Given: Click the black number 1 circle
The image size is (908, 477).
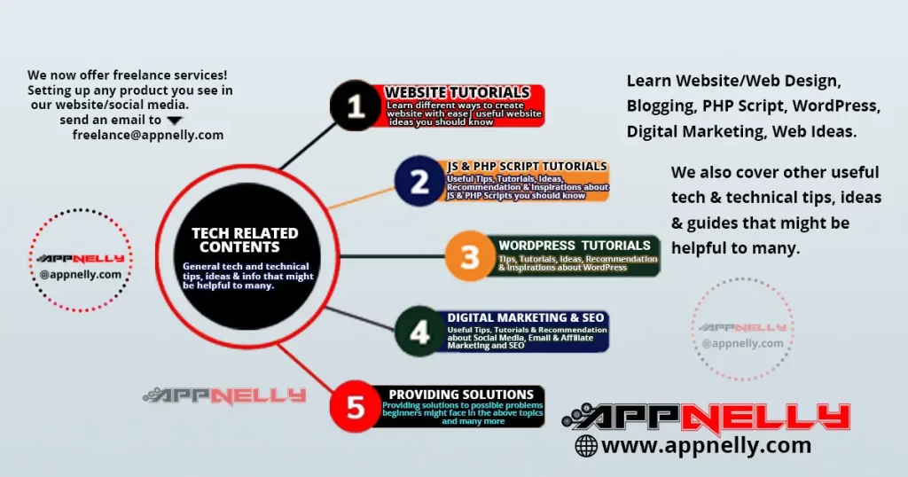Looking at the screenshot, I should click(355, 106).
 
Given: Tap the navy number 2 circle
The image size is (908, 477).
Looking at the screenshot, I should click(419, 182).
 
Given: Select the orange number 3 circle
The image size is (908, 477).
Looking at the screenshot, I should click(469, 256).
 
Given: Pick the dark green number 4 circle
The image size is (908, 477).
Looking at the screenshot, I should click(419, 332).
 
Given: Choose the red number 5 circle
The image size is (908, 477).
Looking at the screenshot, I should click(355, 407).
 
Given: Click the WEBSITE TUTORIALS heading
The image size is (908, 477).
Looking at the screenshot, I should click(458, 92).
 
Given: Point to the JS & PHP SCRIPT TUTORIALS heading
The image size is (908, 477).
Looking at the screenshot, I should click(527, 166).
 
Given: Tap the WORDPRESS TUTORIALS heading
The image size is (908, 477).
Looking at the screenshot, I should click(575, 245).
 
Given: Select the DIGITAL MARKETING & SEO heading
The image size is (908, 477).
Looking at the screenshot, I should click(527, 317).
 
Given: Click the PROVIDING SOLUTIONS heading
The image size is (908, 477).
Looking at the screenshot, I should click(461, 394).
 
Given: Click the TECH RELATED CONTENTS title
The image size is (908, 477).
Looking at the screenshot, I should click(245, 239).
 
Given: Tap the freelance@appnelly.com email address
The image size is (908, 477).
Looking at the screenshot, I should click(148, 136).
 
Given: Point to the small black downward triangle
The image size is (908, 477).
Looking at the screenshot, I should click(175, 120).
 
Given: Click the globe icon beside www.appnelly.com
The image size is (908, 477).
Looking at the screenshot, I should click(586, 446).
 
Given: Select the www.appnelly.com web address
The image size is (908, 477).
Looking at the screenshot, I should click(707, 445).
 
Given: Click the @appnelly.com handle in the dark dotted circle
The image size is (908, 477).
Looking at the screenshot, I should click(80, 274).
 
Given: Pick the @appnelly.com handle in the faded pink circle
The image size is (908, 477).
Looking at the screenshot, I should click(742, 343).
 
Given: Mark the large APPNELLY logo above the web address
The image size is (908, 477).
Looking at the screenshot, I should click(706, 417).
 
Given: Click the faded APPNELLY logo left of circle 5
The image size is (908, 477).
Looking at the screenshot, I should click(224, 395).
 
